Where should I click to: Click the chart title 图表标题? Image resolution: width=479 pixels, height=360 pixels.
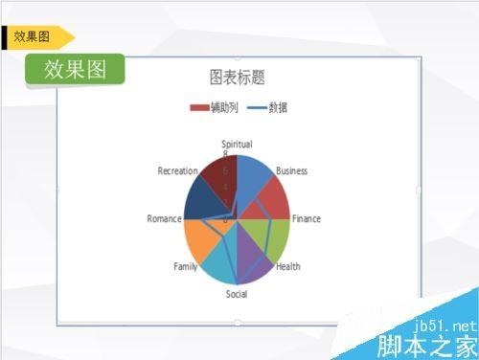point(237,77)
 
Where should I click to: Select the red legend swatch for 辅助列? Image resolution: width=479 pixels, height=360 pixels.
point(200,107)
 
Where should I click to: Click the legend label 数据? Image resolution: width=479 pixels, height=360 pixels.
point(278,107)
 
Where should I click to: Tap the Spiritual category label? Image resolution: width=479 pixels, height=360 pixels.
point(237,145)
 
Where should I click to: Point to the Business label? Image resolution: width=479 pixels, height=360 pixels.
point(291,170)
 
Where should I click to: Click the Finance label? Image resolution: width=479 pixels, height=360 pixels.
point(307,218)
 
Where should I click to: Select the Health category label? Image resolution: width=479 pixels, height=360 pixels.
point(288,266)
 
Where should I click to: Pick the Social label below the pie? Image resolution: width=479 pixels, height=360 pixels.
point(237,294)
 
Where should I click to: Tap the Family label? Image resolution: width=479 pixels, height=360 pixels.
point(186,266)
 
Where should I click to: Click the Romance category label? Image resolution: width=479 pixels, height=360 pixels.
point(164,218)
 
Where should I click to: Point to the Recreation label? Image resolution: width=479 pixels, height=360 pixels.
point(178,170)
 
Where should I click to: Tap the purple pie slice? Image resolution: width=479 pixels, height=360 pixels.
point(251,263)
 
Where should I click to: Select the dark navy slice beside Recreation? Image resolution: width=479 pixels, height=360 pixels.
point(198,198)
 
